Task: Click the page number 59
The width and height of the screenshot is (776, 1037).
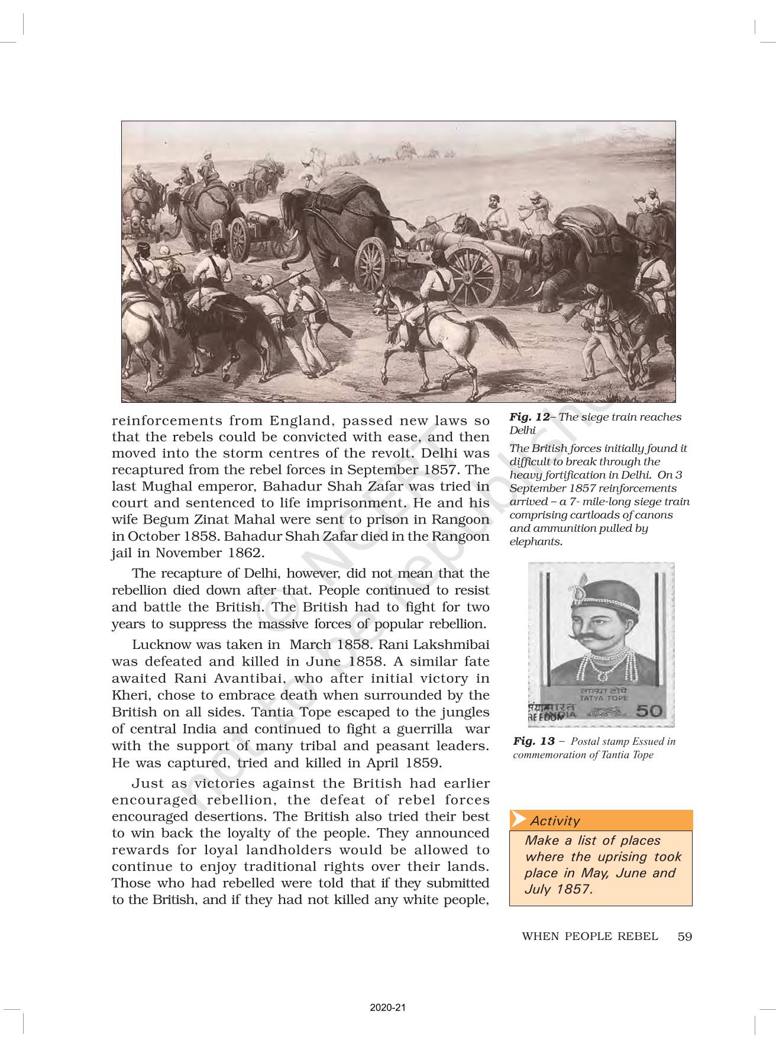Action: [x=685, y=936]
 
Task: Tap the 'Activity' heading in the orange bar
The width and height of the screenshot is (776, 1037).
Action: [x=555, y=820]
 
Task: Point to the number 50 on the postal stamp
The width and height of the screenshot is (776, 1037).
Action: [x=649, y=710]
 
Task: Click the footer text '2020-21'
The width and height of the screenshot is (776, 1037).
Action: [x=388, y=1007]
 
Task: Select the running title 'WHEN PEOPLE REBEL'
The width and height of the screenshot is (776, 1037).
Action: [x=590, y=936]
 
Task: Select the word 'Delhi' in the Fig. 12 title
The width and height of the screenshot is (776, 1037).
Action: [x=522, y=430]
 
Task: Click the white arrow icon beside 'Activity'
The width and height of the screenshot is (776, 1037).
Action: [x=519, y=820]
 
